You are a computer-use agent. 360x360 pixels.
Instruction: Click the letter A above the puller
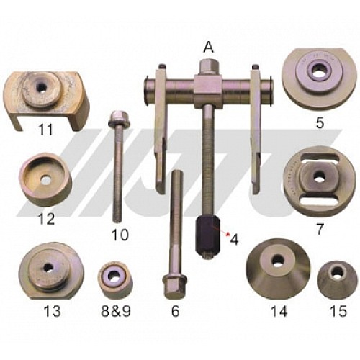(x=209, y=47)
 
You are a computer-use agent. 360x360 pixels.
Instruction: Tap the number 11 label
(x=27, y=131)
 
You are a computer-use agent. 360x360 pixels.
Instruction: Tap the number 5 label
(x=318, y=122)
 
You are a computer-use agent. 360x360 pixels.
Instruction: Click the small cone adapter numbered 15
(x=332, y=278)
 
